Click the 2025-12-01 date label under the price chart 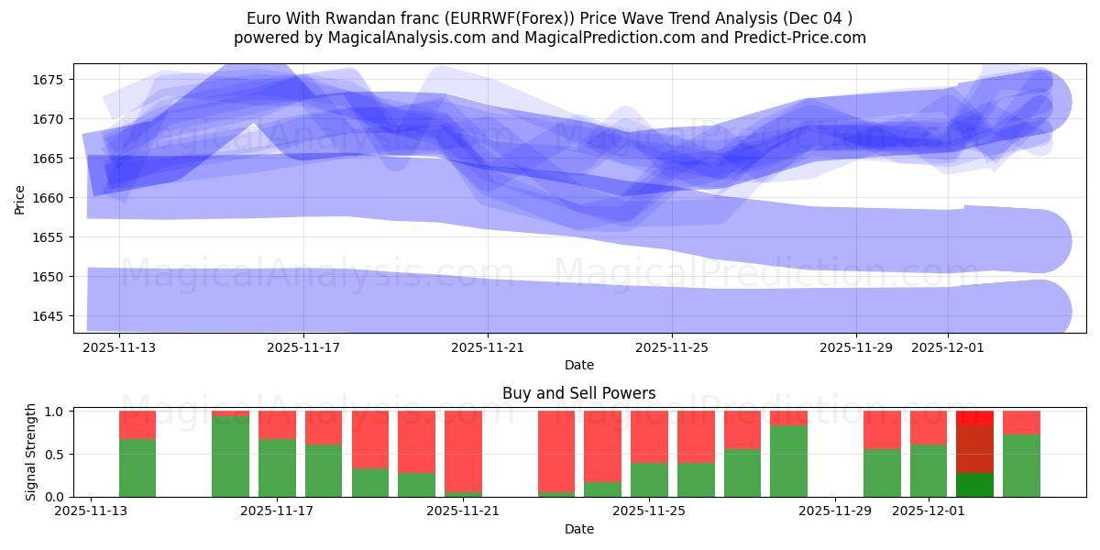[948, 348]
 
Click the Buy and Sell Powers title [578, 393]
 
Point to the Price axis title [20, 198]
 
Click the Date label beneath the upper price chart [578, 365]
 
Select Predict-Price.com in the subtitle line [803, 38]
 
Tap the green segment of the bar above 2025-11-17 [277, 467]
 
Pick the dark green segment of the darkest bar [974, 485]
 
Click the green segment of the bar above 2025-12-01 [929, 470]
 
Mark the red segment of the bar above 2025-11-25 [649, 436]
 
